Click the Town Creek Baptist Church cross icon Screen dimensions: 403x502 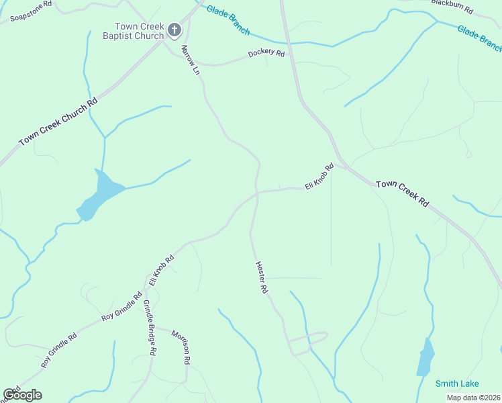pyautogui.click(x=174, y=30)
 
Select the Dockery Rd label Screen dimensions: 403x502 pyautogui.click(x=266, y=53)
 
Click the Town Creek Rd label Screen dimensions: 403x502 pyautogui.click(x=401, y=192)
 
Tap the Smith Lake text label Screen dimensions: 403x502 pyautogui.click(x=456, y=384)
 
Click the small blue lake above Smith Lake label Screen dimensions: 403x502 pyautogui.click(x=425, y=357)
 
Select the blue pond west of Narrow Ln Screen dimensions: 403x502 pyautogui.click(x=101, y=195)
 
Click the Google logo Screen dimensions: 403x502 pyautogui.click(x=23, y=395)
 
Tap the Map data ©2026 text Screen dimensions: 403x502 pyautogui.click(x=472, y=398)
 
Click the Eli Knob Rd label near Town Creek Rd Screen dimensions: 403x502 pyautogui.click(x=319, y=176)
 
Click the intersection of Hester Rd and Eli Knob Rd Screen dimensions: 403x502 pyautogui.click(x=256, y=193)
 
